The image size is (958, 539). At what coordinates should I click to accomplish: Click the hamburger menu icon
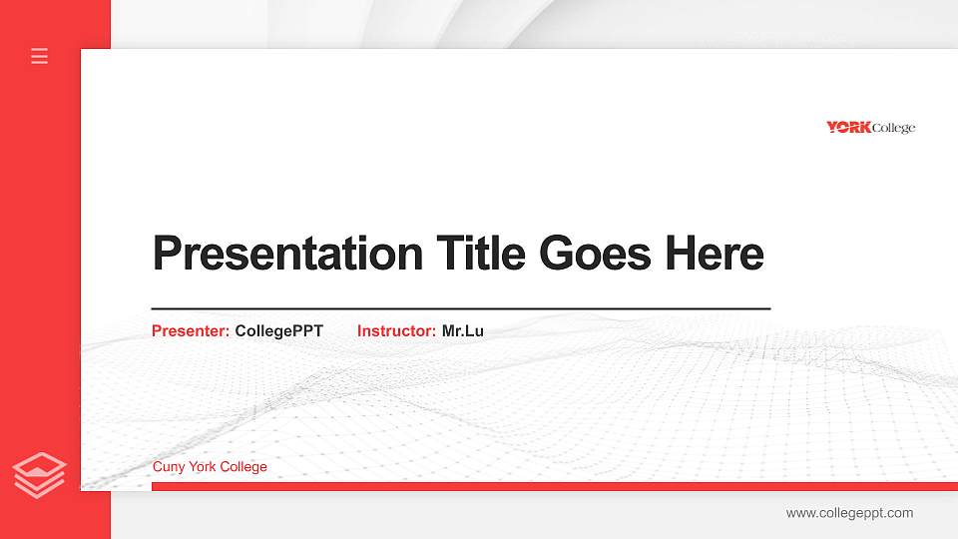tap(40, 56)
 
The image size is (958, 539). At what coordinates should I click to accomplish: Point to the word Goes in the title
tap(595, 254)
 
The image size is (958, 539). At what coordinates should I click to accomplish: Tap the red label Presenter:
tap(191, 331)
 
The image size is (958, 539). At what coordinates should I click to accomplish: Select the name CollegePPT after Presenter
tap(279, 331)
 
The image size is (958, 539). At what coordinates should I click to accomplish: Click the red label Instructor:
tap(396, 331)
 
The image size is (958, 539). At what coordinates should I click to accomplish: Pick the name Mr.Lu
tap(463, 331)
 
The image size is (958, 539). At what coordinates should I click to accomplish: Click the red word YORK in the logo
tap(848, 127)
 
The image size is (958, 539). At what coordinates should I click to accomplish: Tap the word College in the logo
tap(893, 128)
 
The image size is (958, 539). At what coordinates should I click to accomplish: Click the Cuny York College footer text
tap(210, 467)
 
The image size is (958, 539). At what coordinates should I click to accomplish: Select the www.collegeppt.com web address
tap(849, 513)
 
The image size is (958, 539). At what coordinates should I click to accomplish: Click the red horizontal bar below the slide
tap(549, 486)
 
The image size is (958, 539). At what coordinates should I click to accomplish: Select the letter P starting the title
tap(166, 254)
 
